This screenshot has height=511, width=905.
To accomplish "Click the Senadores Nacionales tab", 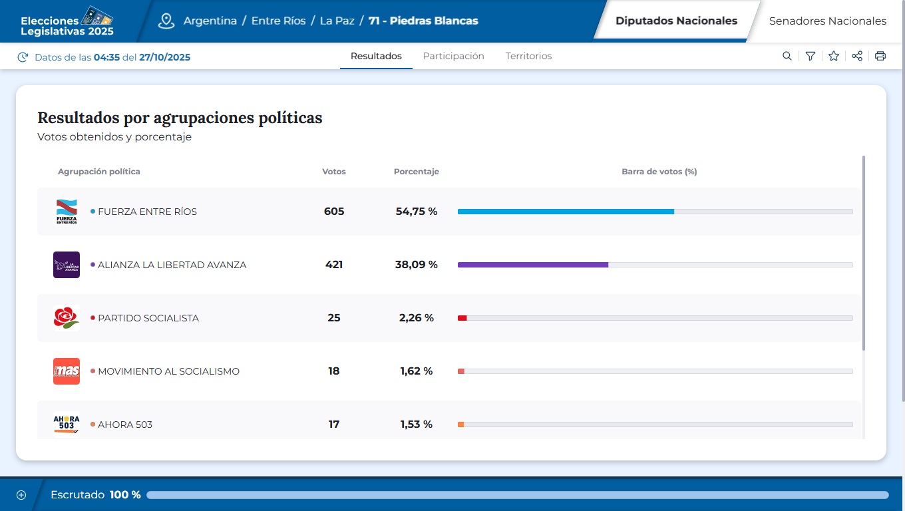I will [827, 21].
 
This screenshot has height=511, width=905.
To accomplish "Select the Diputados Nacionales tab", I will [676, 21].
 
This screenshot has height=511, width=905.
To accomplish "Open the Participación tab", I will [453, 57].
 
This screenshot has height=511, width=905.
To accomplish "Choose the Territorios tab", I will [528, 57].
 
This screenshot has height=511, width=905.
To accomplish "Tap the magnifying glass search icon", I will [787, 57].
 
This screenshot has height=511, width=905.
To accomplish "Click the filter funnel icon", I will [810, 57].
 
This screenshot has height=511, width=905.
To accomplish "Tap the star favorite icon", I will [833, 57].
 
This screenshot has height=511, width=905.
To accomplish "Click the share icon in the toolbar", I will [857, 57].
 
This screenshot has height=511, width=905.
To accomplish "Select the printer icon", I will [880, 57].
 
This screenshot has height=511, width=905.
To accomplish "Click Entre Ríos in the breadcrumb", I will [278, 21].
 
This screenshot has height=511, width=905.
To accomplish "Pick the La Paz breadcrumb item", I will [337, 21].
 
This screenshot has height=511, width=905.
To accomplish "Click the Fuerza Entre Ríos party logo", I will [67, 212].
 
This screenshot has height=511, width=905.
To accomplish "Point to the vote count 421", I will [334, 265].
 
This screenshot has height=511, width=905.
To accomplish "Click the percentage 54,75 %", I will [417, 212].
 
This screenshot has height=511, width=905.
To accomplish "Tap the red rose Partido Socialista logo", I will [67, 318].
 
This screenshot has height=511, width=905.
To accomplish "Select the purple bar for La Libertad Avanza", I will [532, 265].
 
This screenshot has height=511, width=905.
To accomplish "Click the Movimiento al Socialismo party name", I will [168, 371].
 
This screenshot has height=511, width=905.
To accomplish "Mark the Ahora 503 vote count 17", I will [334, 425].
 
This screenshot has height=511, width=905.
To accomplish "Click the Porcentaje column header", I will [416, 172].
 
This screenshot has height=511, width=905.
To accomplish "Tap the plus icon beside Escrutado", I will [21, 495].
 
